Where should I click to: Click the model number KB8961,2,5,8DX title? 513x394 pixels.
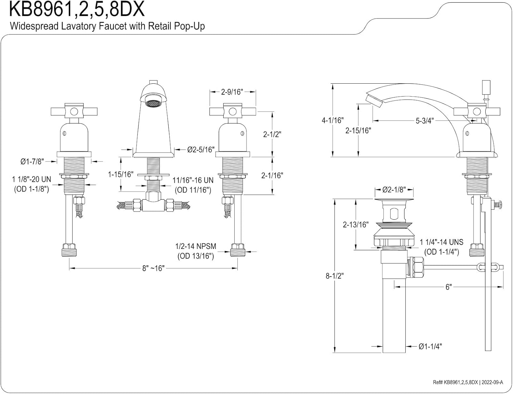[77, 10]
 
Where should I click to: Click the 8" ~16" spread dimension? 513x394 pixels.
[153, 268]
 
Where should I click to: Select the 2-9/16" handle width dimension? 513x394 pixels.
[232, 92]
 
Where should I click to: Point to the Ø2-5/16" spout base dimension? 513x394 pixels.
[201, 150]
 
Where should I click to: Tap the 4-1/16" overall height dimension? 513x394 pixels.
[332, 120]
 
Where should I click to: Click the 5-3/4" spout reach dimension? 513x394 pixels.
[424, 121]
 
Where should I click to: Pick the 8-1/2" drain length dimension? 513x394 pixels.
[334, 276]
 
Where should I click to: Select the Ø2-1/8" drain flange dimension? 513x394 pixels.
[394, 190]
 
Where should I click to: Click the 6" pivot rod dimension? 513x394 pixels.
[448, 287]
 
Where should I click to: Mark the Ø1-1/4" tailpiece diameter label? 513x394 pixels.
[430, 347]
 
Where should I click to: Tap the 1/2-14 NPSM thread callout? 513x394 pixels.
[196, 251]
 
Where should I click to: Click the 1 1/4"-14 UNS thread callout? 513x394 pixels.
[442, 247]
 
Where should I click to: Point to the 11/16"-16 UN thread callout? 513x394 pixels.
[193, 185]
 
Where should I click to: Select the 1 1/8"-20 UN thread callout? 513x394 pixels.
[31, 184]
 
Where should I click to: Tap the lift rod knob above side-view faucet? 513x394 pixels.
[486, 87]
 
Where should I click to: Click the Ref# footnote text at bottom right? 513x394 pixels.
[468, 382]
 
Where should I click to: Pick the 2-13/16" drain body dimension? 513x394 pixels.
[356, 224]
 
